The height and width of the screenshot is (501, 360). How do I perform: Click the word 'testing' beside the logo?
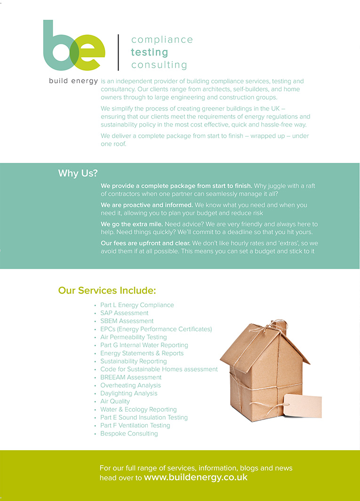coord(149,52)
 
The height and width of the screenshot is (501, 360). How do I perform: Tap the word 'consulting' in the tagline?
coord(159,65)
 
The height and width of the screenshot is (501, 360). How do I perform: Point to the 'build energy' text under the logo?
coord(73,81)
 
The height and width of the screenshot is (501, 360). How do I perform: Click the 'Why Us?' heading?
coord(78,173)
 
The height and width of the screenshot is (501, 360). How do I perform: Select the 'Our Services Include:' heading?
coord(107,290)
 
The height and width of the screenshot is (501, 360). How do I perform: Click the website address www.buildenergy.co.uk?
coord(195,477)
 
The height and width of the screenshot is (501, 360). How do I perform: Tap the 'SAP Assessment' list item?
coord(124,313)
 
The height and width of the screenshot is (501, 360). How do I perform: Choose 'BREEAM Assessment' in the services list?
coord(131,377)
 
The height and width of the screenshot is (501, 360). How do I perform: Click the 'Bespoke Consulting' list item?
coord(129,433)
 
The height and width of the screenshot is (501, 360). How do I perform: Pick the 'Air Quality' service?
coord(115,401)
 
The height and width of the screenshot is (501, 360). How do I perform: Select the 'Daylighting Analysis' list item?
coord(129,393)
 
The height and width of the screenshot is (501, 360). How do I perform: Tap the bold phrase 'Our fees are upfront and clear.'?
coord(145,243)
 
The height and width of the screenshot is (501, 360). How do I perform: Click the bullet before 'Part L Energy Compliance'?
coord(95,305)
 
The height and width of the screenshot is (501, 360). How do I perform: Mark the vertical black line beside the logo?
coord(118,52)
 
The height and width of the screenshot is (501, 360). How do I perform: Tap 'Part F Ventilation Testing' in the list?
coord(135,425)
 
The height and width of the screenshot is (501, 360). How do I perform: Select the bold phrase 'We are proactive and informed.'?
coord(147,205)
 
